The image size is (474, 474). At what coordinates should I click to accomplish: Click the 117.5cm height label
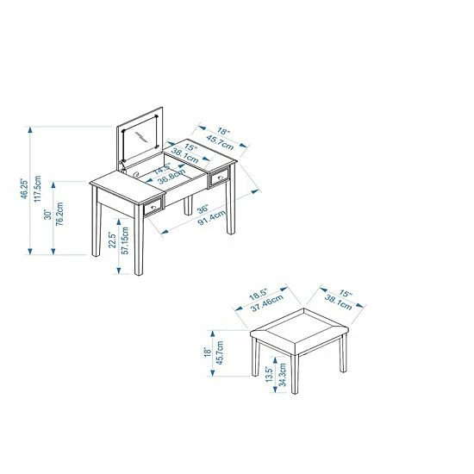[37, 189]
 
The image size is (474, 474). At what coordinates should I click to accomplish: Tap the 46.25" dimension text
[24, 190]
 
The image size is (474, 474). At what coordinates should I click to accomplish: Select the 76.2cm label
[59, 214]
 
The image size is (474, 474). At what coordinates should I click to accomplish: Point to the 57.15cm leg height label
[125, 240]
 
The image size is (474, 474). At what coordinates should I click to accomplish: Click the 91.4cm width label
[212, 218]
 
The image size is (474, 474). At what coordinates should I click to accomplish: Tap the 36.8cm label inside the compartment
[172, 177]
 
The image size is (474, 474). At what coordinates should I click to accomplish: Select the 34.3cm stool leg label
[282, 375]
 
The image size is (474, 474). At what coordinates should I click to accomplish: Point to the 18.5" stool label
[259, 294]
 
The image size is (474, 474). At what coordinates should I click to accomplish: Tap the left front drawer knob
[153, 207]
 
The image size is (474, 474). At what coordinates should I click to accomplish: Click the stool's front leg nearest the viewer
[295, 374]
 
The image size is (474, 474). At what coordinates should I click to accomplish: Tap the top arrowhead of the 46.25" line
[29, 130]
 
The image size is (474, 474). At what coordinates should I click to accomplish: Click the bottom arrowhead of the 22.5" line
[119, 271]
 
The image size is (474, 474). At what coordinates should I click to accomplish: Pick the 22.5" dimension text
[112, 240]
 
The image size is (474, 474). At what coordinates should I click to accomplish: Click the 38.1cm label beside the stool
[339, 302]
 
